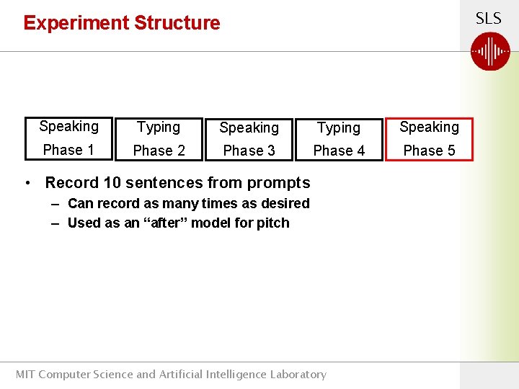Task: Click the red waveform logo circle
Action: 490,52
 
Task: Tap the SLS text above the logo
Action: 488,19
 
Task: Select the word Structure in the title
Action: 177,23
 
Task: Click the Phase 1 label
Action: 68,150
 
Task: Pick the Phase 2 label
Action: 159,151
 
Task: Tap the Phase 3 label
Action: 249,151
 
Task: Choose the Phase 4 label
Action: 339,151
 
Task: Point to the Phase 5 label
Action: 429,151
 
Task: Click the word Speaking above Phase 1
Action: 68,127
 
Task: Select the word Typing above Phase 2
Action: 159,128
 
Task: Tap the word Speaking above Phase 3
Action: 249,128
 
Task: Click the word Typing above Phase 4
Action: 339,128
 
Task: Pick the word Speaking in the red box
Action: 429,128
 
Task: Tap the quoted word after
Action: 164,223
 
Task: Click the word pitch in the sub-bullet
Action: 272,223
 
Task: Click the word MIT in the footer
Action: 25,374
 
